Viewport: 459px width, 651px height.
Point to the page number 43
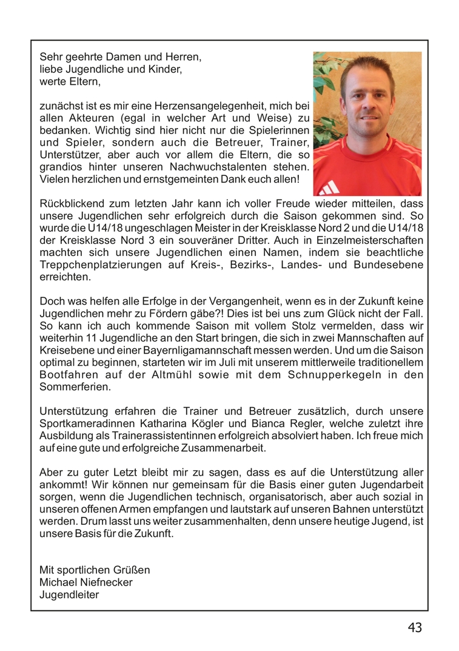click(x=415, y=627)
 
